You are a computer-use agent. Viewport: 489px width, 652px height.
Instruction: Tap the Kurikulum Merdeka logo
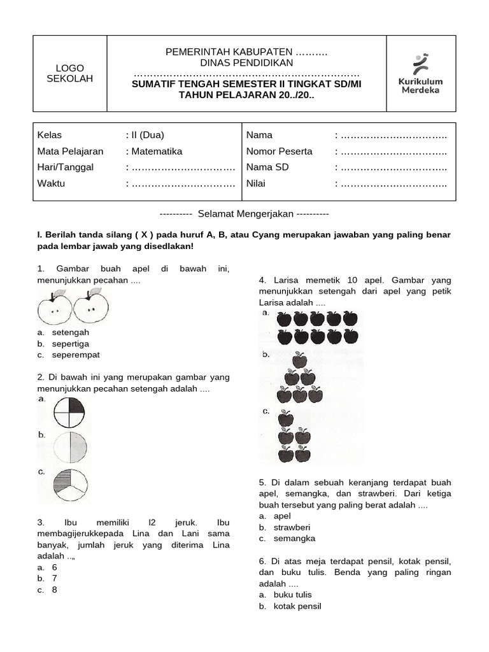(420, 73)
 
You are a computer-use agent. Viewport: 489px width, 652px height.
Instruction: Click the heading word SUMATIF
(156, 84)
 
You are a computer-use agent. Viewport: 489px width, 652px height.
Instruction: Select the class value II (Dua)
(147, 135)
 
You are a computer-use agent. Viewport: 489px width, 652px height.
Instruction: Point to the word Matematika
(156, 152)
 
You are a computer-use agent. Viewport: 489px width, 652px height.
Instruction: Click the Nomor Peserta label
(280, 152)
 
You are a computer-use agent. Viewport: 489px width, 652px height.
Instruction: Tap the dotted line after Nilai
(393, 184)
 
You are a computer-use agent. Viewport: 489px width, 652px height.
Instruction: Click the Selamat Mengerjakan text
(244, 214)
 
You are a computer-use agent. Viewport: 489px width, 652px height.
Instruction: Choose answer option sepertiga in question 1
(71, 344)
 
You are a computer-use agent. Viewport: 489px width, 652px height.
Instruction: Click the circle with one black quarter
(69, 412)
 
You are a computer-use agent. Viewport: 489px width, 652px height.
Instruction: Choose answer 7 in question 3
(55, 578)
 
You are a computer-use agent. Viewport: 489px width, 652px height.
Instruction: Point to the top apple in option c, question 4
(287, 419)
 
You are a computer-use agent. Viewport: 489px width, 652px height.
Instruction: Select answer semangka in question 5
(294, 539)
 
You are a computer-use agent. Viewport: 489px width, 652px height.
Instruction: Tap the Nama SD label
(267, 167)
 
